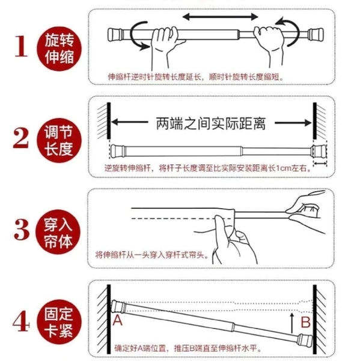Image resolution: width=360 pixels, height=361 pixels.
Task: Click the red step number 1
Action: [22, 46]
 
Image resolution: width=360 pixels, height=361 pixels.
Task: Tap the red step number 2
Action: [21, 138]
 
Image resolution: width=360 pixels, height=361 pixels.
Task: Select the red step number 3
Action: [22, 230]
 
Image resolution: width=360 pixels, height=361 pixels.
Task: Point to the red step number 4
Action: [21, 321]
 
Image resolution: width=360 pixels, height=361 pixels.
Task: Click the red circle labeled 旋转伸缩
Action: [59, 49]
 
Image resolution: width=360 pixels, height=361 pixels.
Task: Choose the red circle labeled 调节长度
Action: [59, 140]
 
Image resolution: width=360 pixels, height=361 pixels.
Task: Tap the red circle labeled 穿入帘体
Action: [58, 232]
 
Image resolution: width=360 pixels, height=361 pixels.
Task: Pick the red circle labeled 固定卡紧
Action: [59, 322]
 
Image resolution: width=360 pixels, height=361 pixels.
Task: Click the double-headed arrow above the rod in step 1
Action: [220, 17]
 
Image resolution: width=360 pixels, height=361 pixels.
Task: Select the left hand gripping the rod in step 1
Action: [164, 45]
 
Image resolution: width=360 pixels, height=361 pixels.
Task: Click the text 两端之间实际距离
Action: [211, 123]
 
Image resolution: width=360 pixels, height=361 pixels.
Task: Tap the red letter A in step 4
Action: [118, 320]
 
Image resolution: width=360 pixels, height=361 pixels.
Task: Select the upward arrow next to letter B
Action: [292, 323]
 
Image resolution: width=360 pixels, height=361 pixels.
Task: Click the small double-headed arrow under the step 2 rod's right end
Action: [320, 164]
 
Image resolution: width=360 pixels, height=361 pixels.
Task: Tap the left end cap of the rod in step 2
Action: [118, 151]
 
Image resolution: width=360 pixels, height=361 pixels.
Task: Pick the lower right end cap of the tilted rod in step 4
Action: [305, 341]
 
